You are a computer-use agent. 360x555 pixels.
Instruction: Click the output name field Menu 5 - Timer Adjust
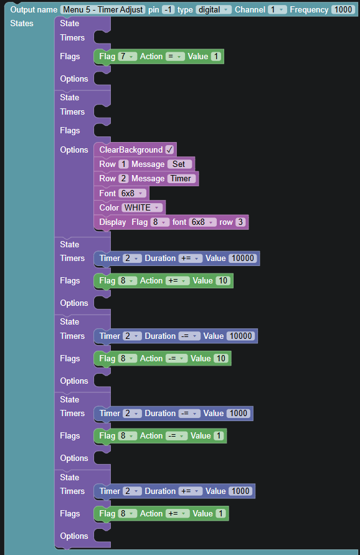(x=103, y=9)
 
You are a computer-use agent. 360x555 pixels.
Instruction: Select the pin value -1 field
(x=168, y=9)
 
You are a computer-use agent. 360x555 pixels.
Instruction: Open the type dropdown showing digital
(x=214, y=9)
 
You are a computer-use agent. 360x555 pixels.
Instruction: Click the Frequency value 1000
(x=343, y=9)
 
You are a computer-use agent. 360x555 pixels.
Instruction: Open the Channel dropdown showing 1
(x=277, y=9)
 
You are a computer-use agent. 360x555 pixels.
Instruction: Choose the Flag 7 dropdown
(x=127, y=56)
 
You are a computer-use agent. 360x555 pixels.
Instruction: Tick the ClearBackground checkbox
(x=169, y=149)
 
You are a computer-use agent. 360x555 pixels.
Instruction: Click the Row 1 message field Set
(x=180, y=164)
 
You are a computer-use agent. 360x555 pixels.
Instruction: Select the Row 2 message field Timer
(x=181, y=178)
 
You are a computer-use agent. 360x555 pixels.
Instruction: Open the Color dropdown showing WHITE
(x=142, y=207)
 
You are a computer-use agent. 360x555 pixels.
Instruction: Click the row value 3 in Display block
(x=240, y=222)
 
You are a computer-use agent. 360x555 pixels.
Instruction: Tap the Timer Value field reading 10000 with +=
(x=242, y=259)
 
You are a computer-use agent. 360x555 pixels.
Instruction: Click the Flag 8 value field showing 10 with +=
(x=222, y=281)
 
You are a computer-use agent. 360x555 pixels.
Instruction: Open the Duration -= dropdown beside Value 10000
(x=189, y=336)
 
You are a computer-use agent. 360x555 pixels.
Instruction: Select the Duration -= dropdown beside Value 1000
(x=189, y=414)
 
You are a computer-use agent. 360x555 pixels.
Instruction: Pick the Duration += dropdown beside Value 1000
(x=191, y=491)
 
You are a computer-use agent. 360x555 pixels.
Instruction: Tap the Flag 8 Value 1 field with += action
(x=220, y=514)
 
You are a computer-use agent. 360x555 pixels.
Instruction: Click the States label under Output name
(x=22, y=24)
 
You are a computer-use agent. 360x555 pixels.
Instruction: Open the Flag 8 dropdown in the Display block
(x=159, y=222)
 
